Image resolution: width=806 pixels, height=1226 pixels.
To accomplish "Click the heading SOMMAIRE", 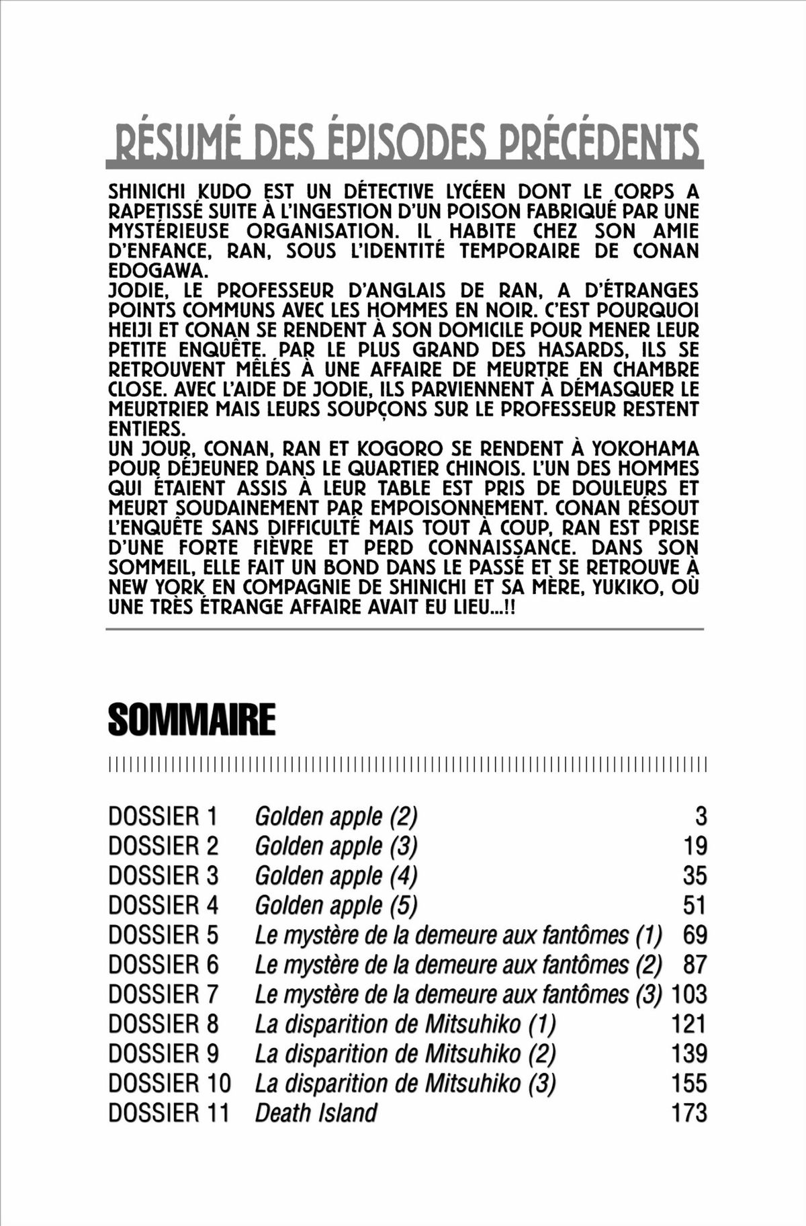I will [x=191, y=720].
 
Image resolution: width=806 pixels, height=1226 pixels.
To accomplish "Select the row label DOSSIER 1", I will [x=163, y=816].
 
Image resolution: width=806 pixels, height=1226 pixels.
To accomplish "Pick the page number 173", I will [x=689, y=1112].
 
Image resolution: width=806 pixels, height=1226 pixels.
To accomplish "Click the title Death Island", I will [x=316, y=1112].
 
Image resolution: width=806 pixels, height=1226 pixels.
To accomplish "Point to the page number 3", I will [x=701, y=816].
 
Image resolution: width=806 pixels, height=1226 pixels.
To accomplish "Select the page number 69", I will [x=695, y=934].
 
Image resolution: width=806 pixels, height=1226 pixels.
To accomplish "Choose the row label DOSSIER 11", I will [x=169, y=1112].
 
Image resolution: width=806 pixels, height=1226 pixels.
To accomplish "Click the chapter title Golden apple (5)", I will [x=336, y=905].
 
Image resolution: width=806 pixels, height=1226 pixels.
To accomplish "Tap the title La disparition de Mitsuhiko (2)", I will [x=405, y=1053].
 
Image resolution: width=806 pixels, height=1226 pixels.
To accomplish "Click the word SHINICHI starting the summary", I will [x=148, y=191].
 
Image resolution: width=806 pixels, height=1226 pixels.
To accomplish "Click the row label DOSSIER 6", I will [x=163, y=964].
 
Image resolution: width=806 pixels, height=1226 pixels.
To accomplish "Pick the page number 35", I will [x=695, y=875].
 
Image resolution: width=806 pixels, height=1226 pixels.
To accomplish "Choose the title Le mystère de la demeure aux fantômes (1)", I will [x=458, y=934].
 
